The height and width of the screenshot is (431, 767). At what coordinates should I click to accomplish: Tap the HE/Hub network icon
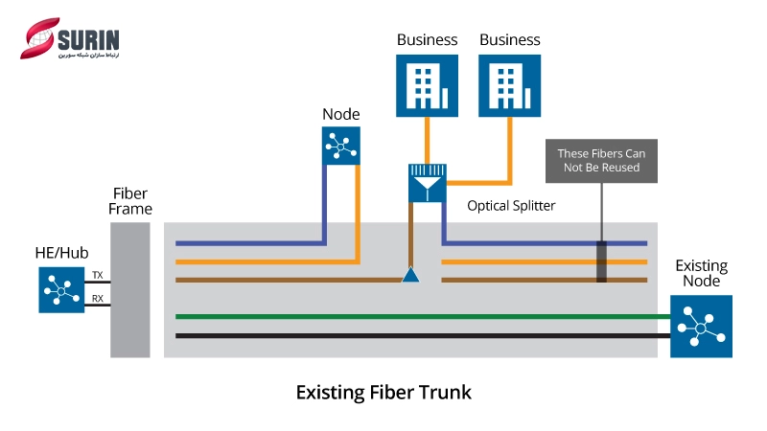pos(62,289)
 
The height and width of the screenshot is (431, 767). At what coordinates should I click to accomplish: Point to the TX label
pos(98,275)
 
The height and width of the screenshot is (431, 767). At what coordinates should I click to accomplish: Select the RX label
pos(98,298)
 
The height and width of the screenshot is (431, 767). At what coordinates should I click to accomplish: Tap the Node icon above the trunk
pos(340,145)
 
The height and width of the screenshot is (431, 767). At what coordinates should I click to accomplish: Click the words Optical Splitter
pos(511,206)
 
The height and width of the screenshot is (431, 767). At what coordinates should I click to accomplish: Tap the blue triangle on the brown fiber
pos(410,276)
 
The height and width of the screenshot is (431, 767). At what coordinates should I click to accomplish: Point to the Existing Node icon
pos(701,327)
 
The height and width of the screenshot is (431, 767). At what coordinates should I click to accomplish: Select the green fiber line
pos(422,317)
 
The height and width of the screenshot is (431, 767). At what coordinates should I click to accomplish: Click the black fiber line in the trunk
pos(422,336)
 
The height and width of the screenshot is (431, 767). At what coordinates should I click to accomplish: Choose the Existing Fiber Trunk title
pos(383,393)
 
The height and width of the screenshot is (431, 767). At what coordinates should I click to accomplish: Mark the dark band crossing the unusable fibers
pos(602,261)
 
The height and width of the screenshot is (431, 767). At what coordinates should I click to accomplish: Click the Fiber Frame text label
pos(130,201)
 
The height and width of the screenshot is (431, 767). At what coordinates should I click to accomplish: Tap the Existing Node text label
pos(701,274)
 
